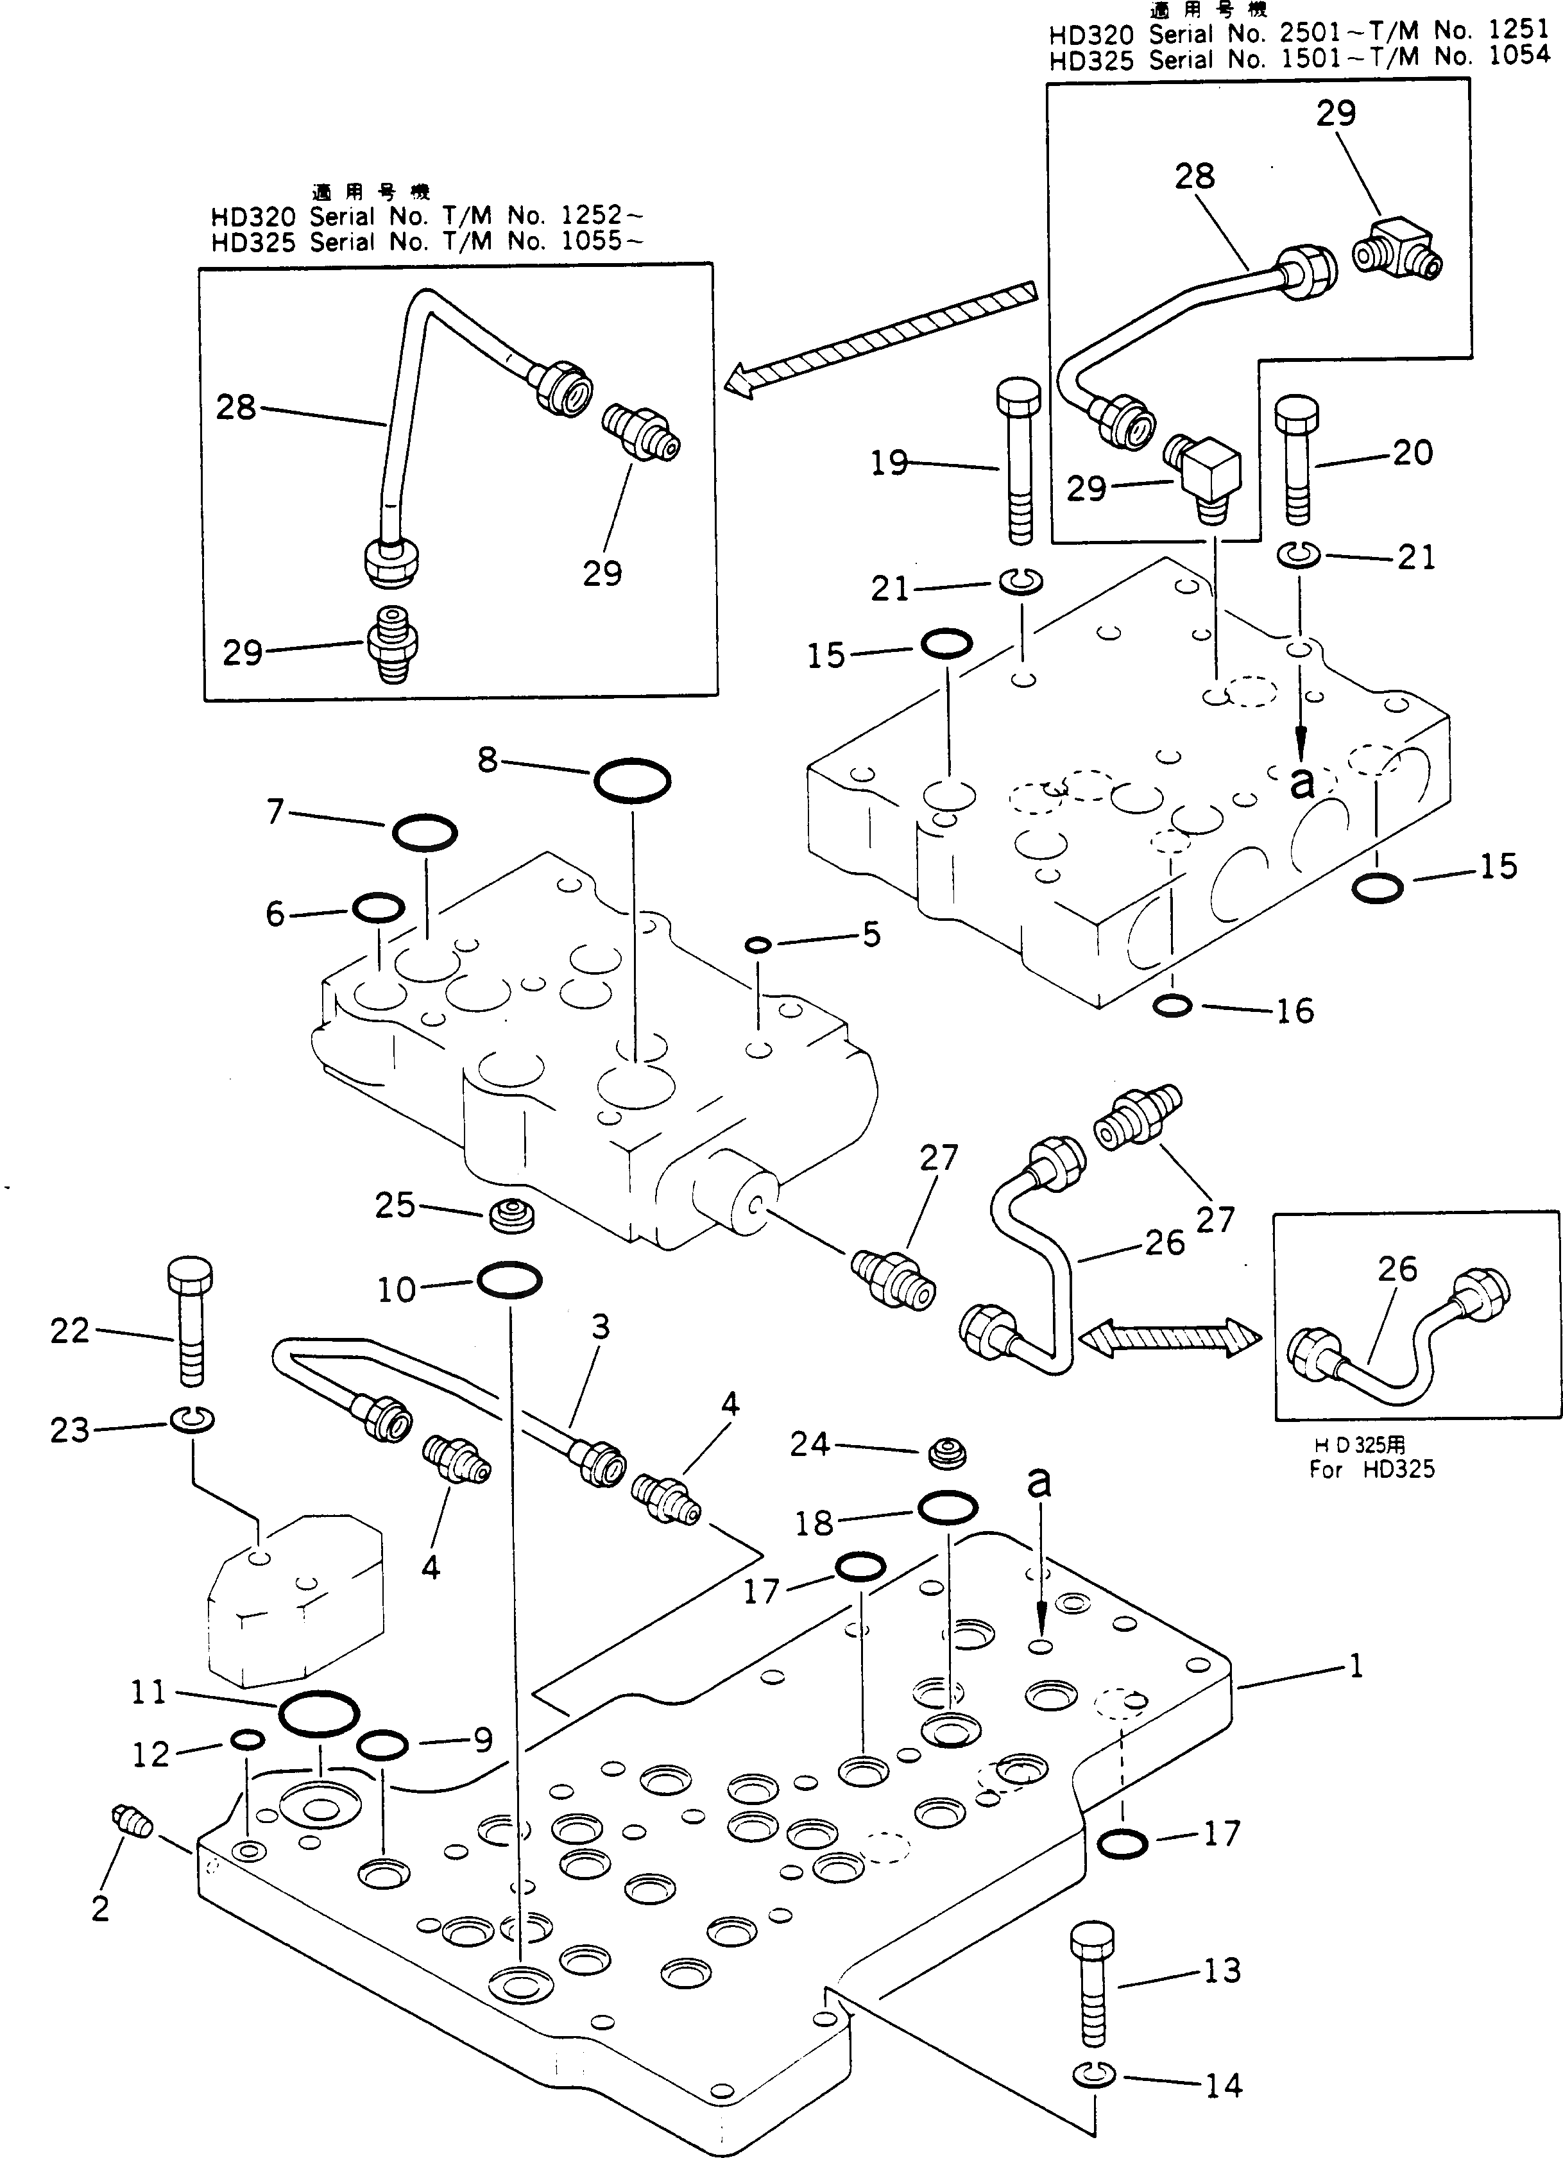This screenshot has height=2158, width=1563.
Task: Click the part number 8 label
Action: pyautogui.click(x=487, y=759)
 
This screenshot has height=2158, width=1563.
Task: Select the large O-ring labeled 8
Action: pyautogui.click(x=633, y=781)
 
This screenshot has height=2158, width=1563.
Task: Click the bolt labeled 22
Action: pyautogui.click(x=189, y=1324)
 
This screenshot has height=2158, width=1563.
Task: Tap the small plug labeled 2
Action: pyautogui.click(x=132, y=1820)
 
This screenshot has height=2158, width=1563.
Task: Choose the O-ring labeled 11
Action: pyautogui.click(x=320, y=1715)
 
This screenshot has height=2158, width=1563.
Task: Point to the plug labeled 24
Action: pyautogui.click(x=946, y=1452)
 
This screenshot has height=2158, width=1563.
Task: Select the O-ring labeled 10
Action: pyautogui.click(x=509, y=1281)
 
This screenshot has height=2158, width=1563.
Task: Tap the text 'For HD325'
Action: pyautogui.click(x=1371, y=1469)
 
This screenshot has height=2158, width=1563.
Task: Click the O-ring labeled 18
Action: pyautogui.click(x=948, y=1508)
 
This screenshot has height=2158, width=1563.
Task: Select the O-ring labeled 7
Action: pyautogui.click(x=424, y=832)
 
